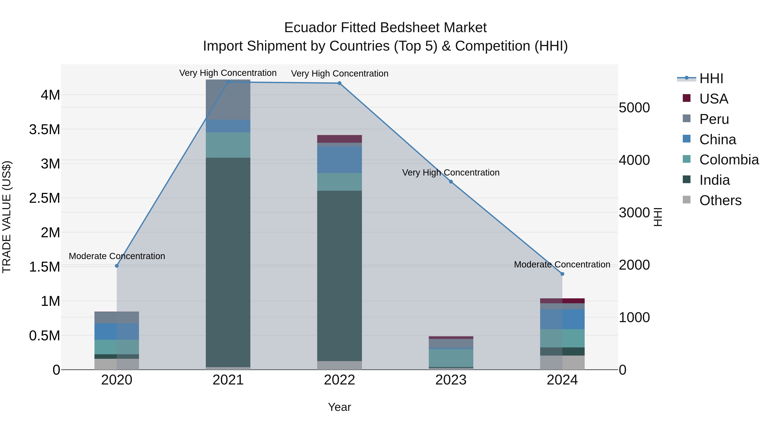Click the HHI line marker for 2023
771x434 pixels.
point(451,182)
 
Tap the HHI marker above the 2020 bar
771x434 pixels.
point(117,266)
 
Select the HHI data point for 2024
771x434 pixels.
point(562,274)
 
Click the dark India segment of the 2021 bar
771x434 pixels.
point(228,262)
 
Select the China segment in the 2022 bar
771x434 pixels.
point(339,160)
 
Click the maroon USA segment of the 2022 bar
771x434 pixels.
point(339,139)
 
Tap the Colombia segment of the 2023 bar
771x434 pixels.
point(451,358)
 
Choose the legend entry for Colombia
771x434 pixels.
point(729,160)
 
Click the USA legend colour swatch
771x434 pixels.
point(686,98)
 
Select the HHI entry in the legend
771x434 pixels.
point(711,78)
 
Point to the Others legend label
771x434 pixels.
point(720,200)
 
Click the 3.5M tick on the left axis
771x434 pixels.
point(45,130)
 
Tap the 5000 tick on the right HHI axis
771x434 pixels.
point(634,108)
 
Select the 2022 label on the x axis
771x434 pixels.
point(339,380)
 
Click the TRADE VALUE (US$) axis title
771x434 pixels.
point(7,217)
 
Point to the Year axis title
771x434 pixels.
point(339,407)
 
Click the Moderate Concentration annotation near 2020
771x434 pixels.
point(117,256)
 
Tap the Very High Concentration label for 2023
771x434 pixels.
point(451,173)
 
